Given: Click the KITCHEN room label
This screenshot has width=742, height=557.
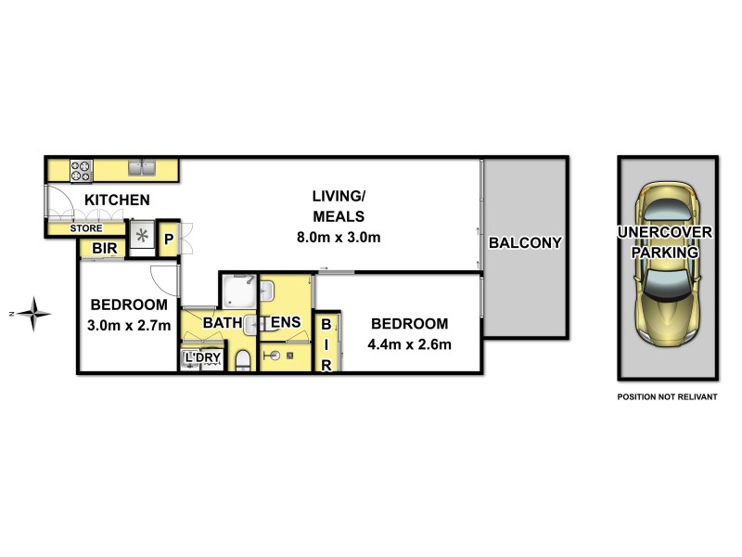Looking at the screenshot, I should (x=118, y=200).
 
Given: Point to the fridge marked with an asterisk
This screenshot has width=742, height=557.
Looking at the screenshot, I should (x=142, y=237).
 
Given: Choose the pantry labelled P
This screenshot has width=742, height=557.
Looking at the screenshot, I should (x=169, y=238).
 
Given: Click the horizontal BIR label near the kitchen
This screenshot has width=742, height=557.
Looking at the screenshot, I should (x=104, y=249).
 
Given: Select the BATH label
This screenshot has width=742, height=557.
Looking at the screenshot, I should (x=223, y=322).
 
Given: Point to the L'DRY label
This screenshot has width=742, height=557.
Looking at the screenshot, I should (x=202, y=357).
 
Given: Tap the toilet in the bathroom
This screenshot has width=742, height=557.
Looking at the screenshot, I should (x=243, y=360).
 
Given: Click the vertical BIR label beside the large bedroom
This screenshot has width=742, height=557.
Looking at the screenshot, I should (x=326, y=344).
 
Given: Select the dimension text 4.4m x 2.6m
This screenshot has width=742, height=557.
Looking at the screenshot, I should (x=409, y=346).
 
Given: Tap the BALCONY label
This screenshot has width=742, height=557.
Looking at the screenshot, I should (x=525, y=243).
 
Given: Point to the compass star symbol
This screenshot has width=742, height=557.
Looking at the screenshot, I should (x=36, y=314).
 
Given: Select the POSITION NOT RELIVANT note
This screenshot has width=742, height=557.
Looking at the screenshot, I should (x=667, y=396).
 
